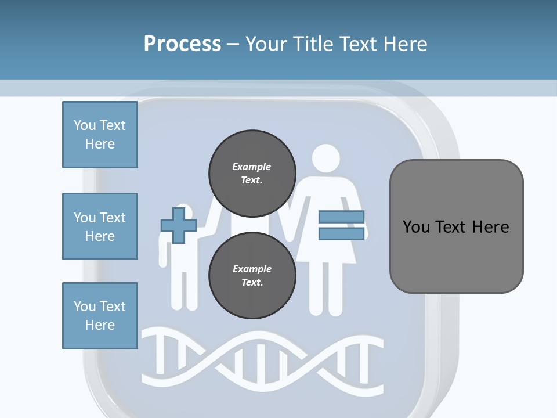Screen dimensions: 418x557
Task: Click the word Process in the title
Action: pyautogui.click(x=182, y=44)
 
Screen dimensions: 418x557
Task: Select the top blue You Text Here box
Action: pyautogui.click(x=100, y=135)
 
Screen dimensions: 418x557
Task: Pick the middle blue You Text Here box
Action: pyautogui.click(x=100, y=226)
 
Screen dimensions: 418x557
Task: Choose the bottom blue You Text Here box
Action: pyautogui.click(x=100, y=316)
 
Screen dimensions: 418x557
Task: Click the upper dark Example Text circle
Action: pyautogui.click(x=252, y=173)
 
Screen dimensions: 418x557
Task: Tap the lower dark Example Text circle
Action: pyautogui.click(x=252, y=275)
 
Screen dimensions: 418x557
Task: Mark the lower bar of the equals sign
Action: pyautogui.click(x=341, y=233)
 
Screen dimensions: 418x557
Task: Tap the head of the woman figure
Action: pyautogui.click(x=325, y=158)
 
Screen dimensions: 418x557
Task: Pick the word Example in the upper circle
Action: pyautogui.click(x=252, y=167)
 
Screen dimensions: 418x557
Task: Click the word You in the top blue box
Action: pyautogui.click(x=84, y=125)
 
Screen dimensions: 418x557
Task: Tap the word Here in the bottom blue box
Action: pyautogui.click(x=100, y=325)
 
